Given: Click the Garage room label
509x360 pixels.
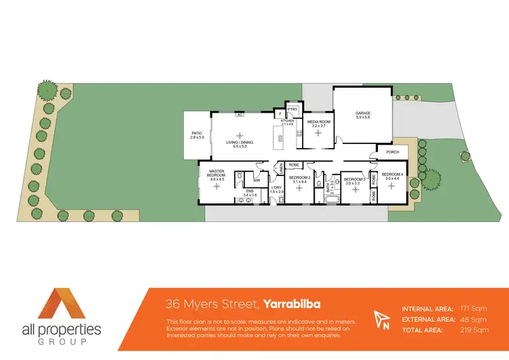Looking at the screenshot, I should coord(362,115).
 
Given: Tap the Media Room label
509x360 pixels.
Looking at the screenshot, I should coord(319,124).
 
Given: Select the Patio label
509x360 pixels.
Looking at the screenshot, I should coord(197,135).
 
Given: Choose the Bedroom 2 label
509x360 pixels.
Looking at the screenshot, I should coord(299,180).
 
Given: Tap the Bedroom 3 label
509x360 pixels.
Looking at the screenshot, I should coord(352,181).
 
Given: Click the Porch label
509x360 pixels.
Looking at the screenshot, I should coord(392,152).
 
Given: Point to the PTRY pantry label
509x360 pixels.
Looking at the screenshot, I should coord(293,109).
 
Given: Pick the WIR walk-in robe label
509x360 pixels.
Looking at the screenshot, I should coord(257,180).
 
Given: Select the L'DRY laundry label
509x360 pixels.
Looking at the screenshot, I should coord(276,190).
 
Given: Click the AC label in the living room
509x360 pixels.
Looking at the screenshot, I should coord(240,115).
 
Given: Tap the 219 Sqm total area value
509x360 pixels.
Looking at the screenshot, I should coord(475,330).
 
